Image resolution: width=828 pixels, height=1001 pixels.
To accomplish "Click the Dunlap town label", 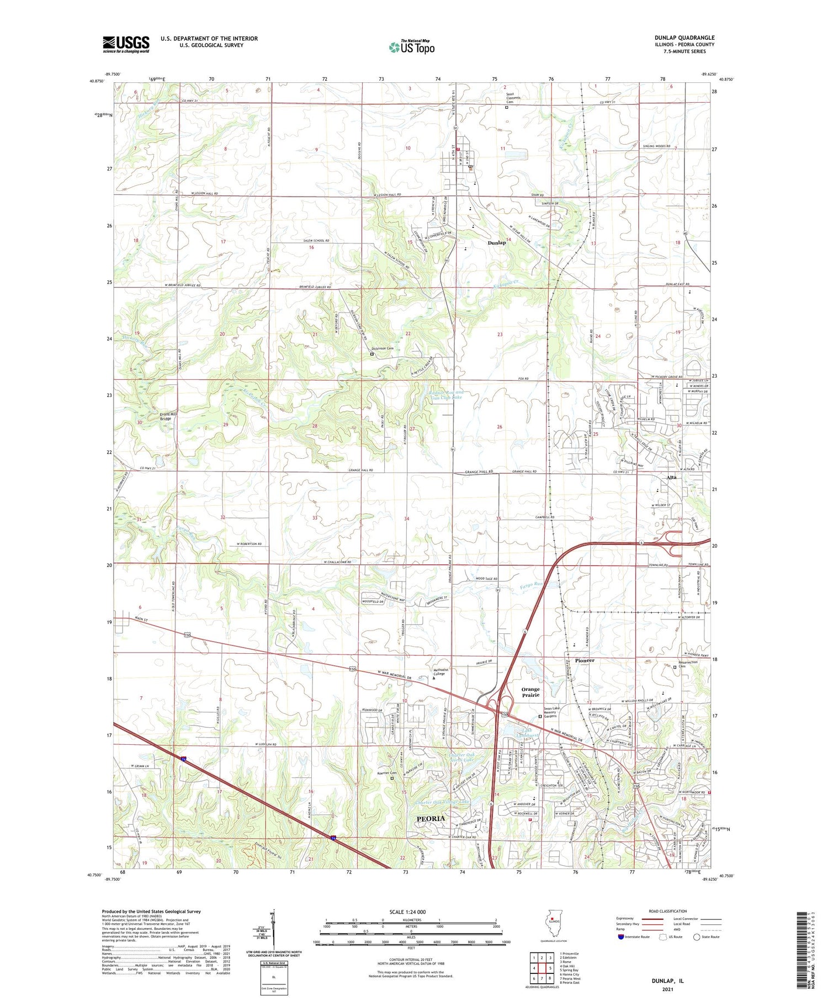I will tap(496, 243).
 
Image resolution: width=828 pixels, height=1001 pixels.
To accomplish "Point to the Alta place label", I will tap(671, 477).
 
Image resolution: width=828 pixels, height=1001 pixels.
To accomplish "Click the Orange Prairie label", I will tap(530, 692).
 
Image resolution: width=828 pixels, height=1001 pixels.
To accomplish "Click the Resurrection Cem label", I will tap(688, 664).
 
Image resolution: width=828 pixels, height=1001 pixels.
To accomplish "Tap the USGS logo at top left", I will tap(126, 44).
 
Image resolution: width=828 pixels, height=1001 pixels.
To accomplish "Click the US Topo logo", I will tap(411, 47).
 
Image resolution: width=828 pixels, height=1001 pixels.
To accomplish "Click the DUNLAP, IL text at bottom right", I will tap(668, 981).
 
